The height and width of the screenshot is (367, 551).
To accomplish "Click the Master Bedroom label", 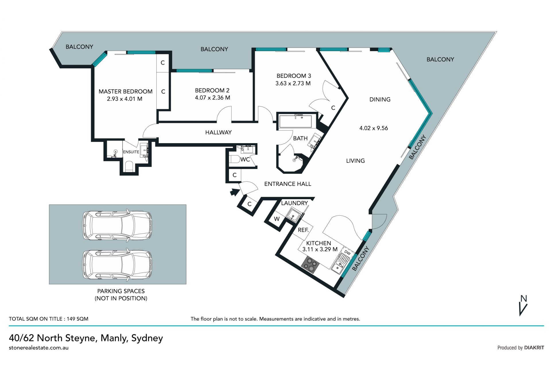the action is (125, 92).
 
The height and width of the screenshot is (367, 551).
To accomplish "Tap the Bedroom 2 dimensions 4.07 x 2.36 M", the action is (212, 98).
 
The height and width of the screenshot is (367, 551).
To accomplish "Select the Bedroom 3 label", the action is (294, 76).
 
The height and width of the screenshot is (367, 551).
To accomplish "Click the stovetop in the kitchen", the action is (310, 264).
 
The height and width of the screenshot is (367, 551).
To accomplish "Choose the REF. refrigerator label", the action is (303, 230).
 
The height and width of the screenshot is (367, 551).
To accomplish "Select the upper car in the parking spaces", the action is (117, 225).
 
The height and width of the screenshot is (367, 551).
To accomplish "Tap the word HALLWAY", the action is (218, 132).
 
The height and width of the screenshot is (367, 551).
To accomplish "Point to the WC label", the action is (245, 160).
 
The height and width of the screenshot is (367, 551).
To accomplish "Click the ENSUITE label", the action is (131, 152).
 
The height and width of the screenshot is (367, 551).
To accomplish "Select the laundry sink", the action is (293, 215).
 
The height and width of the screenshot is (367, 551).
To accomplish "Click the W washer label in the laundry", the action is (277, 219).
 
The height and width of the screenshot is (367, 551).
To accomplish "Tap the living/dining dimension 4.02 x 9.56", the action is (374, 128).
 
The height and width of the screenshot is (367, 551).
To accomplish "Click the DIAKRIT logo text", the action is (534, 348).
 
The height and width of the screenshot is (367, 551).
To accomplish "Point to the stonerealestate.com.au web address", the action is (39, 348).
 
